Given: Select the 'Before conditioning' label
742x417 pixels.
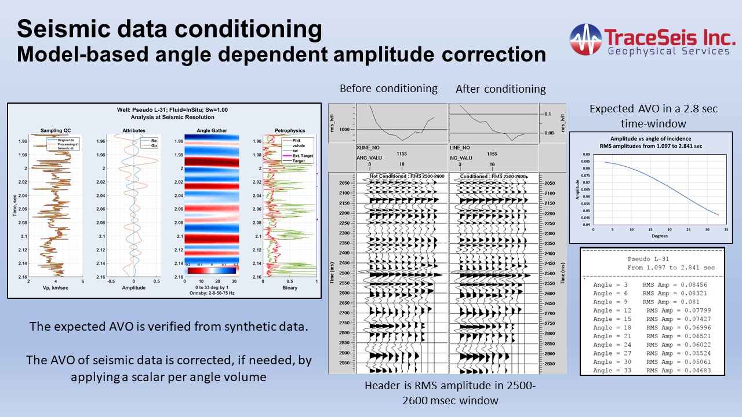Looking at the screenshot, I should (x=388, y=89).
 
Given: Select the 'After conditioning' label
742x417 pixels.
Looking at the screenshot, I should (x=501, y=89).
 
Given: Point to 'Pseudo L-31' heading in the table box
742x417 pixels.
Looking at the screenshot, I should (x=652, y=259).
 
